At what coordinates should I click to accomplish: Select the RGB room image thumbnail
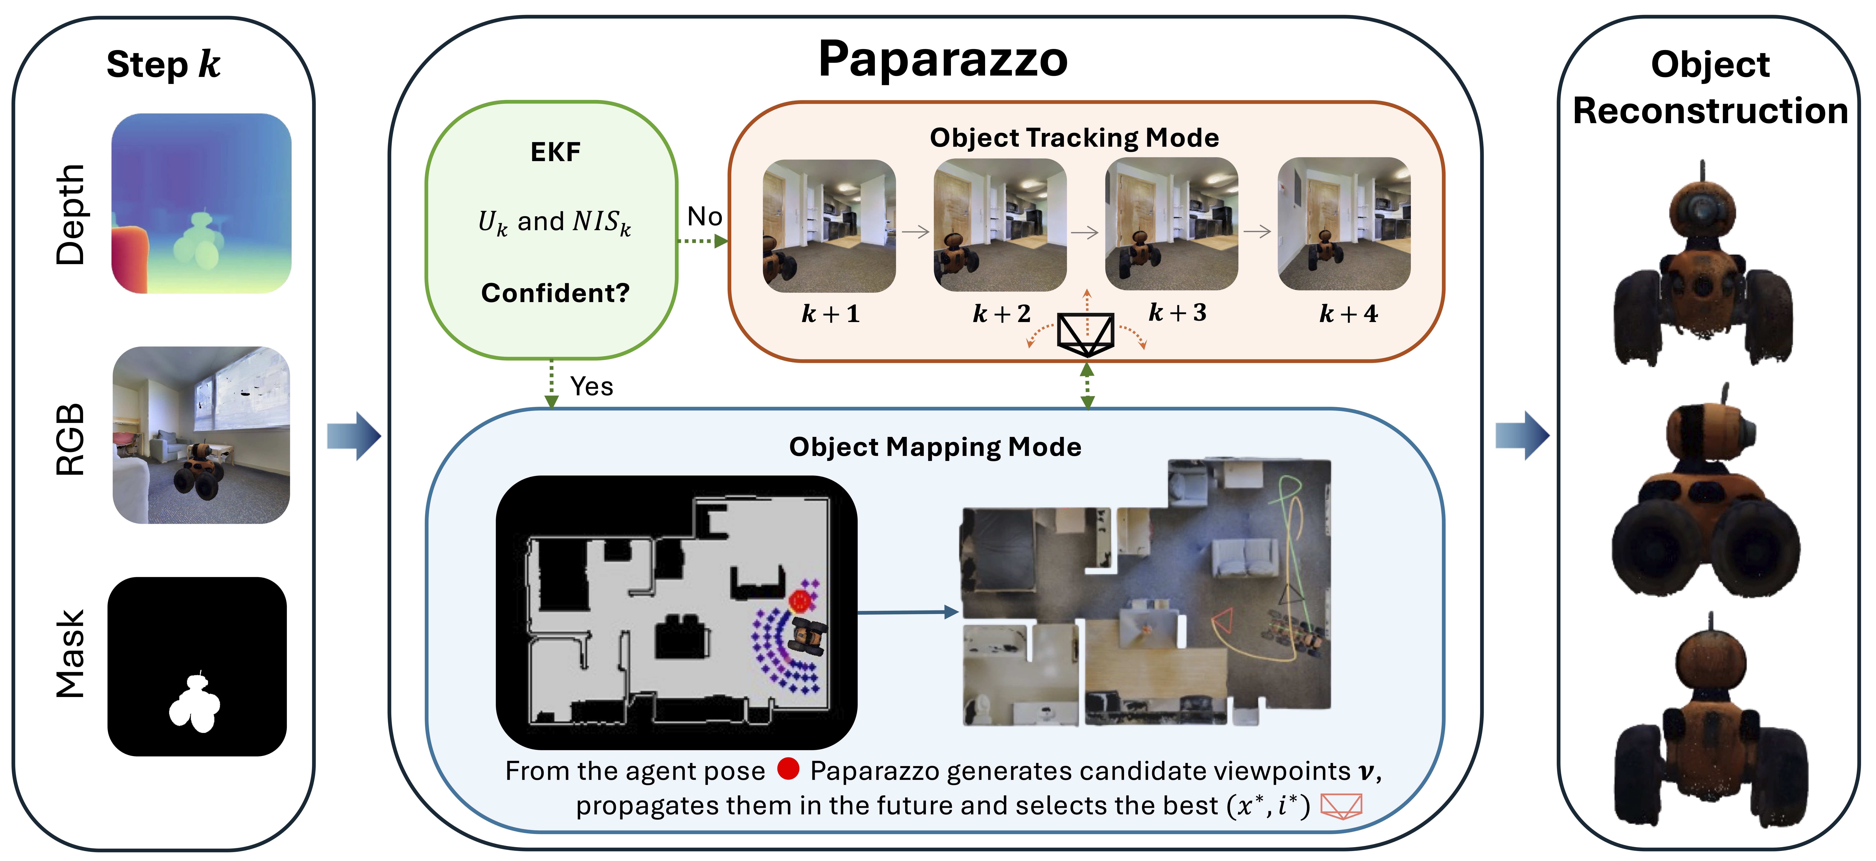click(x=201, y=435)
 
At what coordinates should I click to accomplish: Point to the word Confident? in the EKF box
click(x=555, y=293)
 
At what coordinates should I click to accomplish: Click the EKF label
click(x=555, y=152)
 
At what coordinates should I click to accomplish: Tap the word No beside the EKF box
click(x=704, y=216)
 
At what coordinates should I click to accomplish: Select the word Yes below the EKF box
click(x=591, y=386)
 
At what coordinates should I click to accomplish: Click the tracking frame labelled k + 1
click(x=829, y=226)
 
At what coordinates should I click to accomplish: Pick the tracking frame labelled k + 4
click(x=1344, y=224)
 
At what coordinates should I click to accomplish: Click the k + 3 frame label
click(x=1177, y=312)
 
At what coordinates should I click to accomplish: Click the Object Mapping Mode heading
click(x=935, y=447)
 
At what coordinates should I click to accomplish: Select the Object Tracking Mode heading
click(x=1074, y=138)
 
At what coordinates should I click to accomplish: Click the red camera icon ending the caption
click(x=1341, y=806)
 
